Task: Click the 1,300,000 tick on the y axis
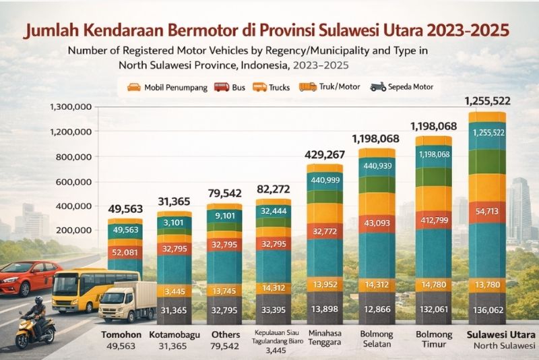point(71,107)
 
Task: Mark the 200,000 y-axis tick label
point(75,230)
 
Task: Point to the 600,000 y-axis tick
point(75,181)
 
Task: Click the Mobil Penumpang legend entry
point(166,87)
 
